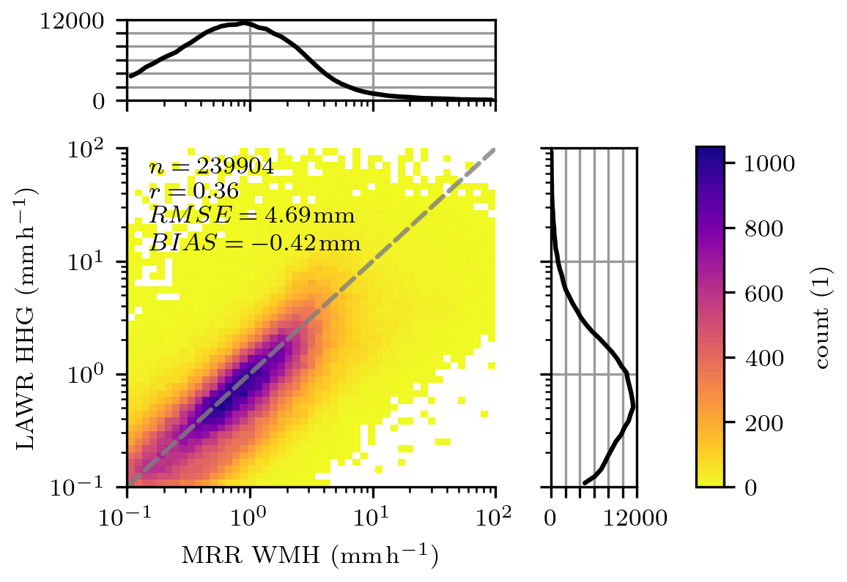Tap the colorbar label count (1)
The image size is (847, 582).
824,317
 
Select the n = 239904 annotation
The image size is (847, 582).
211,167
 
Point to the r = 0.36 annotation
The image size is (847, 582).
193,192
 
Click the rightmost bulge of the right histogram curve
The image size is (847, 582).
633,406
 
